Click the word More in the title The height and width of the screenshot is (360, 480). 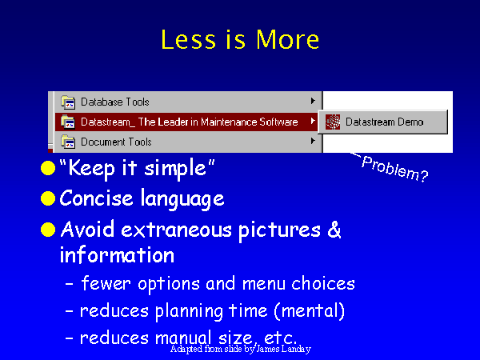click(x=287, y=39)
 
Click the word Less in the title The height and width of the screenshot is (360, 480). click(x=188, y=39)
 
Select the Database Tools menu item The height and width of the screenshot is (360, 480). click(x=114, y=102)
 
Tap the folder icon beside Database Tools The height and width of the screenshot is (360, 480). click(x=68, y=102)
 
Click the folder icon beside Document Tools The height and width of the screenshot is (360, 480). click(x=68, y=142)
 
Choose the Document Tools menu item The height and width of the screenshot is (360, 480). click(x=116, y=142)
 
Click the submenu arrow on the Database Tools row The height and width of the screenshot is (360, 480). click(x=313, y=101)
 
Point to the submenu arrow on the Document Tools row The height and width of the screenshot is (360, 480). click(x=313, y=141)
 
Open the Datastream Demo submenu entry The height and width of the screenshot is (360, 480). click(x=384, y=122)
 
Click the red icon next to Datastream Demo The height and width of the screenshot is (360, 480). click(x=333, y=122)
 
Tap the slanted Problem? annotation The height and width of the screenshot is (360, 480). click(x=395, y=168)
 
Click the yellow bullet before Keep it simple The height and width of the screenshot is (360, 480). click(x=48, y=168)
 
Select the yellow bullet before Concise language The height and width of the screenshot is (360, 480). click(x=48, y=198)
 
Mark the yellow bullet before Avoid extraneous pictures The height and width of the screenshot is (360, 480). click(x=48, y=230)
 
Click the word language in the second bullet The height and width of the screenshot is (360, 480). click(x=182, y=199)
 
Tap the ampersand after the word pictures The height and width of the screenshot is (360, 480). click(x=334, y=230)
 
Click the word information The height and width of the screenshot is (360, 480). click(x=117, y=254)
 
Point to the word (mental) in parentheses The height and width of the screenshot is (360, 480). click(x=309, y=310)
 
